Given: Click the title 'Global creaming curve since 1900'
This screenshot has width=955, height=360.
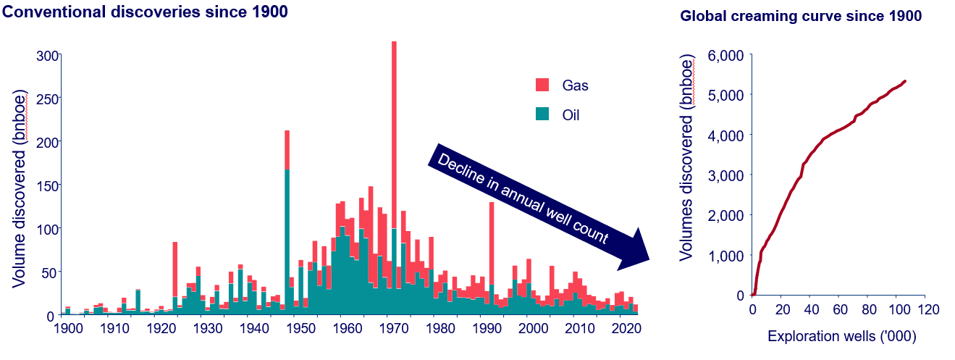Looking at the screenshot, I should tap(801, 17).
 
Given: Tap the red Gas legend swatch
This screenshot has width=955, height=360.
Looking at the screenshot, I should tap(543, 85).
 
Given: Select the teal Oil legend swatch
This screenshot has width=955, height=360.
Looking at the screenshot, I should tap(543, 114).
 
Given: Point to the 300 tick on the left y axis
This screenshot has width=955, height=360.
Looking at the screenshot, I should tap(45, 55).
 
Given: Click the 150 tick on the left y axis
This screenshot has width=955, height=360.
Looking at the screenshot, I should tap(45, 185).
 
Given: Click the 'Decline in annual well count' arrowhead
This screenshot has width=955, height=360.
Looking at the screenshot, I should tap(633, 250).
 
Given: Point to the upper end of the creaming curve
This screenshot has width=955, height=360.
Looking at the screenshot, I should tap(905, 81).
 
